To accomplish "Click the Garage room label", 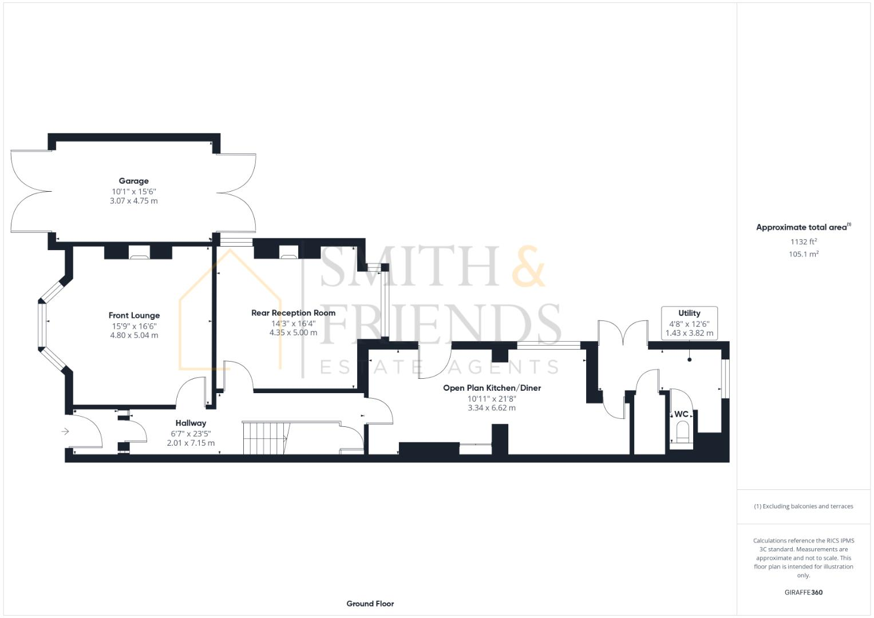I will [133, 181].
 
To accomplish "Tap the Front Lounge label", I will [134, 315].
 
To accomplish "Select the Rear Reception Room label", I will [293, 312].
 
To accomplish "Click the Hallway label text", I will [191, 423].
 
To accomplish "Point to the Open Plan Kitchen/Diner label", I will [492, 387].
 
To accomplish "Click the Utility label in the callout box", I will [689, 313].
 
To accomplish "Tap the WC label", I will [681, 414].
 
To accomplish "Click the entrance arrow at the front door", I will [65, 431].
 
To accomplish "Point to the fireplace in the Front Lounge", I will [138, 253].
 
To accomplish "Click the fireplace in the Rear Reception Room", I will [288, 252].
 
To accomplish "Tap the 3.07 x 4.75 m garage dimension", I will [133, 201].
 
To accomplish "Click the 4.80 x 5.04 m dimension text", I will [134, 335].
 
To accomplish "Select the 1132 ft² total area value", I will [803, 241].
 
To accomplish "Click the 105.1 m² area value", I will [803, 254].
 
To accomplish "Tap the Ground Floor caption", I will [370, 603].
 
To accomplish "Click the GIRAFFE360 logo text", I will [803, 592].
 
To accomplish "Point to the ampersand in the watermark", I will [528, 267].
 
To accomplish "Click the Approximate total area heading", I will [802, 227].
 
